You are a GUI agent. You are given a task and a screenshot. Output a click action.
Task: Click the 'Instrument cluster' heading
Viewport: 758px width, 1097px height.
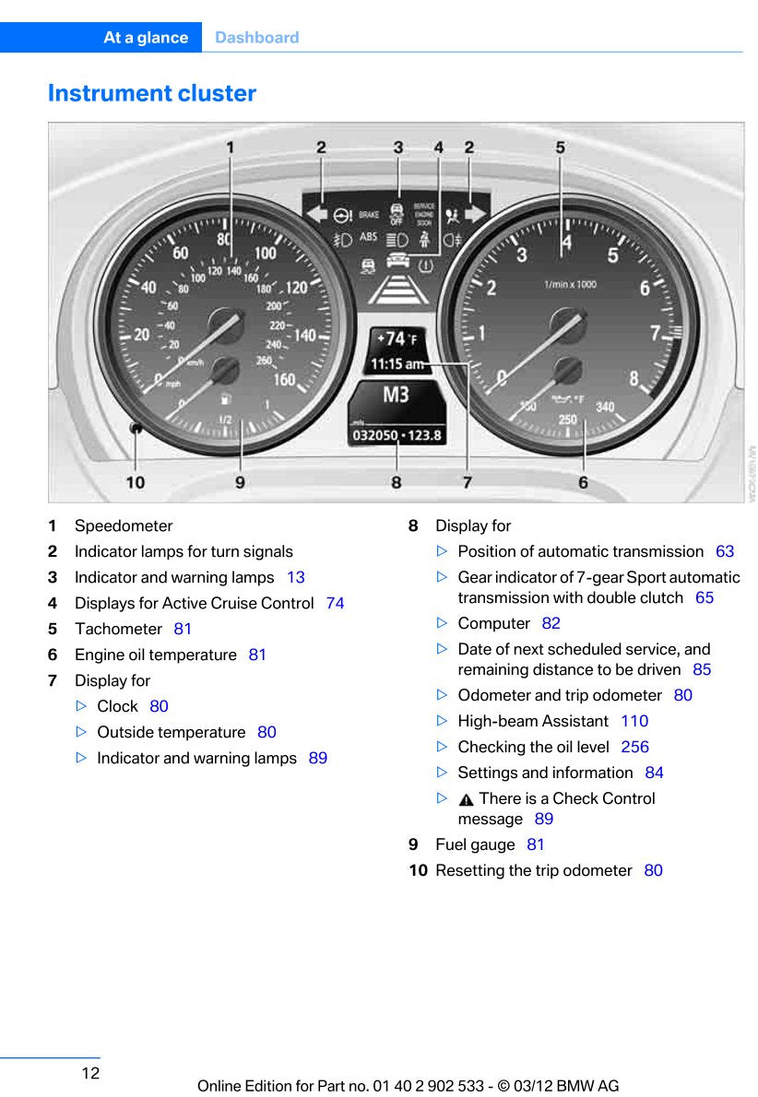point(152,93)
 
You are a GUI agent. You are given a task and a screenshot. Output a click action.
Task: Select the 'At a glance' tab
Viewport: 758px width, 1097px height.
point(146,38)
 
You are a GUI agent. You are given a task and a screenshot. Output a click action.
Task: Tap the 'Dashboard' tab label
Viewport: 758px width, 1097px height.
point(256,38)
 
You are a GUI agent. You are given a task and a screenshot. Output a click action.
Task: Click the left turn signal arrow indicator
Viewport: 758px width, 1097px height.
point(317,215)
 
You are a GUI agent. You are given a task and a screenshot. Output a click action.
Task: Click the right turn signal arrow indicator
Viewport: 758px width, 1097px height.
point(475,214)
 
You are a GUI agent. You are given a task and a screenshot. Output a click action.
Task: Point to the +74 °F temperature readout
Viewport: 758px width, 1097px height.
point(396,339)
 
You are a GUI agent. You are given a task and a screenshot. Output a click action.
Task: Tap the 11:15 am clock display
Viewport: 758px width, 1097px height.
point(397,364)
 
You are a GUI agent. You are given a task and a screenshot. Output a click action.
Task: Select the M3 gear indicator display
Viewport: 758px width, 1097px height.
point(396,395)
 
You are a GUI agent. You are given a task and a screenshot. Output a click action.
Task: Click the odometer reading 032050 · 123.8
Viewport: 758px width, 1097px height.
point(397,435)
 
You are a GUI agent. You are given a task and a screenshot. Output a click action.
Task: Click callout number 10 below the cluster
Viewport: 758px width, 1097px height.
point(135,482)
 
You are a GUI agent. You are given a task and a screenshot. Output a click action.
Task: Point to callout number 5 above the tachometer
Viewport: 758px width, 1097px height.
point(560,147)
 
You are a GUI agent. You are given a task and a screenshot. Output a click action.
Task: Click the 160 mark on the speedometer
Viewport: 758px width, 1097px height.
point(284,379)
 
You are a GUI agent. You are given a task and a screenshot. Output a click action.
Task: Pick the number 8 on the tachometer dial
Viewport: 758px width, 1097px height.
point(634,378)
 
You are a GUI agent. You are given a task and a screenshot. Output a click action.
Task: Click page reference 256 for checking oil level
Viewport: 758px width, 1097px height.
point(634,747)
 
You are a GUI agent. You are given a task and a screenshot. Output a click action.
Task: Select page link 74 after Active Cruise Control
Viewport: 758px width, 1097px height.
point(335,603)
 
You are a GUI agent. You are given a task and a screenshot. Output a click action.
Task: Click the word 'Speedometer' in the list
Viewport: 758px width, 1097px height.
point(124,525)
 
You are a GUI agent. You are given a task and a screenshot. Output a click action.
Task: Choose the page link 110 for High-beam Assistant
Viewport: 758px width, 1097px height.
point(634,721)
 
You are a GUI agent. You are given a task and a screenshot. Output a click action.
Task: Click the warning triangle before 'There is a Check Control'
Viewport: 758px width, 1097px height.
point(467,799)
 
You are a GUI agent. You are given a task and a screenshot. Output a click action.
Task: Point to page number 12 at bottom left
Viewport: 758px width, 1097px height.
point(90,1073)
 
